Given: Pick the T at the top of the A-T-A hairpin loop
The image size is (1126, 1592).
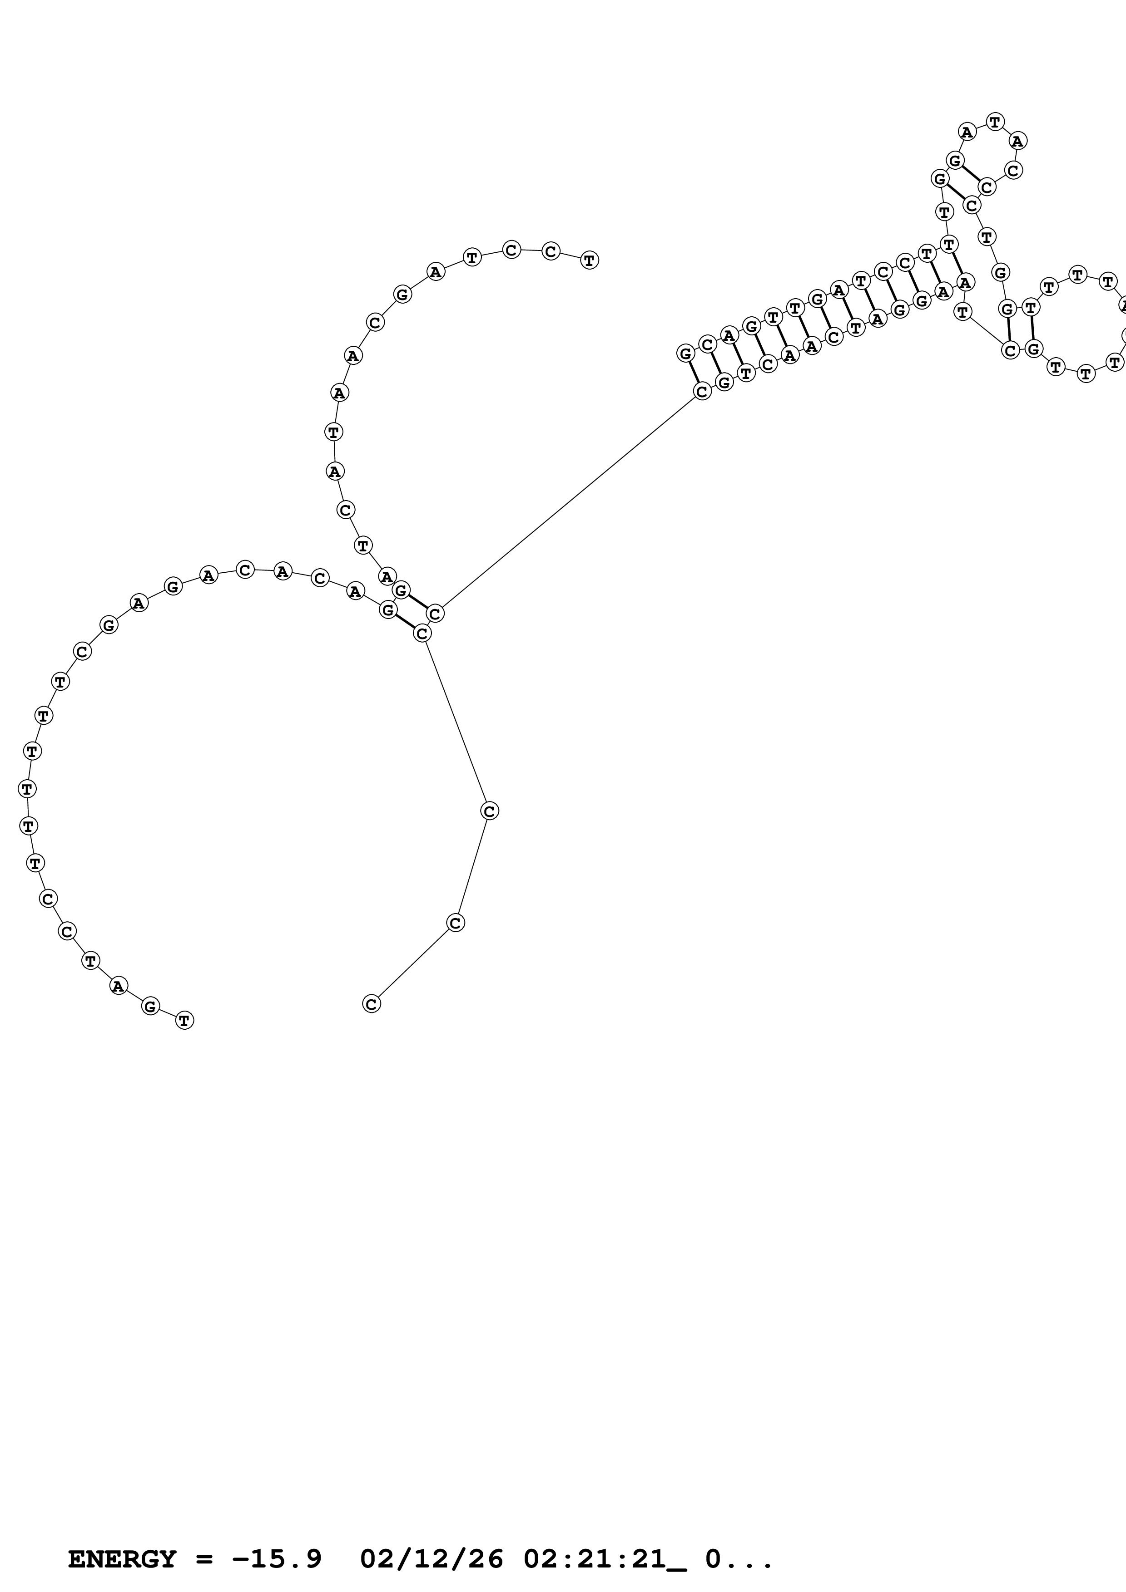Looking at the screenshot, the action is click(995, 122).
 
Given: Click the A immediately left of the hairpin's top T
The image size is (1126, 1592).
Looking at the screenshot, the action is click(967, 131).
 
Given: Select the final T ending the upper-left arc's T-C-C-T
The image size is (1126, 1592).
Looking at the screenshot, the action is click(590, 260).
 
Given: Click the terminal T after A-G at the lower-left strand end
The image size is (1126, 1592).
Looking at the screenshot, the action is click(184, 1020).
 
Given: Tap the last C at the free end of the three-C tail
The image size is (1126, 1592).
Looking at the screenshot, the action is click(372, 1003).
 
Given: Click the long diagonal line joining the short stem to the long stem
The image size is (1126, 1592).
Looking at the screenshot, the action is click(569, 503).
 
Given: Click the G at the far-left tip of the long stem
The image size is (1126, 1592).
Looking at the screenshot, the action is click(685, 354).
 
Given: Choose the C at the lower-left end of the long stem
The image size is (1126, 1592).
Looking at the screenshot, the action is click(702, 392).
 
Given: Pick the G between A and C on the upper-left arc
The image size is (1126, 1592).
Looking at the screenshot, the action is click(402, 295).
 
